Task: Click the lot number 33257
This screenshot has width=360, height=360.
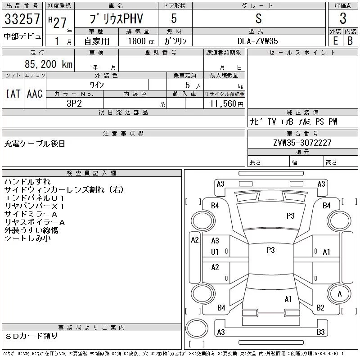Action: tap(22, 19)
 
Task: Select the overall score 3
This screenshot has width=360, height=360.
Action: tap(343, 18)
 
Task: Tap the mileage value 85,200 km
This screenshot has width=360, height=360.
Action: tap(49, 64)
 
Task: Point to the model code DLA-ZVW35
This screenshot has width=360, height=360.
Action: tap(257, 41)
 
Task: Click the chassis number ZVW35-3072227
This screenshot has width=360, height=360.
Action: tap(302, 143)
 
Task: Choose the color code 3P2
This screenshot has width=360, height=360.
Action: tap(74, 103)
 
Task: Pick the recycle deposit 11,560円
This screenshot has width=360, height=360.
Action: tap(226, 104)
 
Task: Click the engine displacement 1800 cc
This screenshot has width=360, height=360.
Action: tap(141, 41)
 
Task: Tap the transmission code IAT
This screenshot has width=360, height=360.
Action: tap(13, 94)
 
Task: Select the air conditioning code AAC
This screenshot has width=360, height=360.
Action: tap(35, 94)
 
